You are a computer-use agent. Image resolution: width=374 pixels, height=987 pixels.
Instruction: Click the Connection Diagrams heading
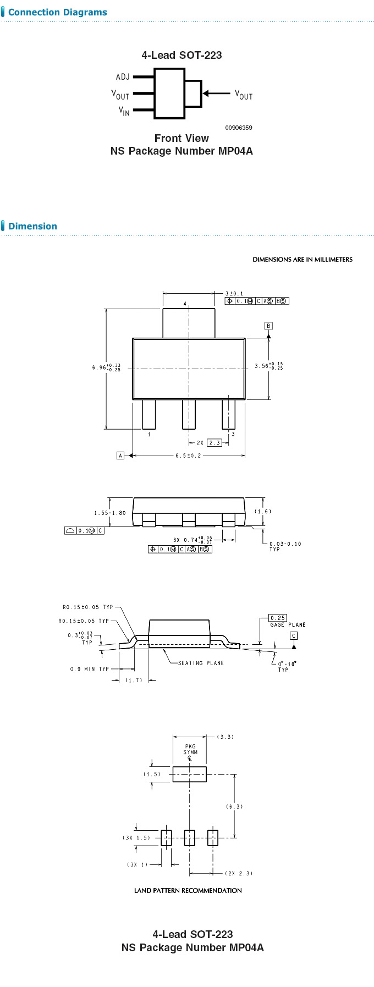click(x=57, y=12)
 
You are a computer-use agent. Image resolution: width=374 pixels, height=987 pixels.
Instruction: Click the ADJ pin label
click(x=123, y=77)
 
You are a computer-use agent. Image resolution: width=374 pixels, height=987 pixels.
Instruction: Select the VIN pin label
click(x=124, y=111)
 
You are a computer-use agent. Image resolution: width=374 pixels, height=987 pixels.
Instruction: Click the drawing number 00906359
click(x=238, y=128)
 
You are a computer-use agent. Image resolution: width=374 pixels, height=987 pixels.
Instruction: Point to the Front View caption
click(x=182, y=138)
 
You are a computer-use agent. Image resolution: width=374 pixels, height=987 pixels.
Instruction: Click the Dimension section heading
click(x=32, y=226)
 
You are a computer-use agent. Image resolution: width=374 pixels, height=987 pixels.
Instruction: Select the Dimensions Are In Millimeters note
click(x=302, y=260)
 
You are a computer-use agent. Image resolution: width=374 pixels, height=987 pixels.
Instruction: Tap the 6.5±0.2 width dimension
click(x=188, y=456)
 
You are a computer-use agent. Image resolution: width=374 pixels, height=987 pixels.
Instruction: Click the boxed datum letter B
click(x=268, y=326)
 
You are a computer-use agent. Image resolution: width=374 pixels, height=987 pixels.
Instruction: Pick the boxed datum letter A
click(x=120, y=456)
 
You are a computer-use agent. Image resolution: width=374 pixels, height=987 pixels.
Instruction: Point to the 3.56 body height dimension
click(x=268, y=366)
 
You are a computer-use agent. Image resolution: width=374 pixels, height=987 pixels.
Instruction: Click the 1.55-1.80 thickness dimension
click(x=109, y=513)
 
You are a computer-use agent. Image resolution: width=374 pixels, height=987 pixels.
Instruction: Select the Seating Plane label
click(x=201, y=663)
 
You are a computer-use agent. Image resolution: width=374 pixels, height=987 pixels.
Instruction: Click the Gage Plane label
click(x=288, y=624)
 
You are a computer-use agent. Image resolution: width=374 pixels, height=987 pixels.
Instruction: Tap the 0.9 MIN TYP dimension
click(x=90, y=669)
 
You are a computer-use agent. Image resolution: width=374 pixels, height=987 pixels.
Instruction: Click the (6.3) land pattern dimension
click(x=234, y=807)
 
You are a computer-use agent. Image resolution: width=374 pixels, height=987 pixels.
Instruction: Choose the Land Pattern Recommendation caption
click(x=188, y=890)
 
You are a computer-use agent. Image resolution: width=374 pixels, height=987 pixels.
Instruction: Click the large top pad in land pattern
click(x=189, y=774)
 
